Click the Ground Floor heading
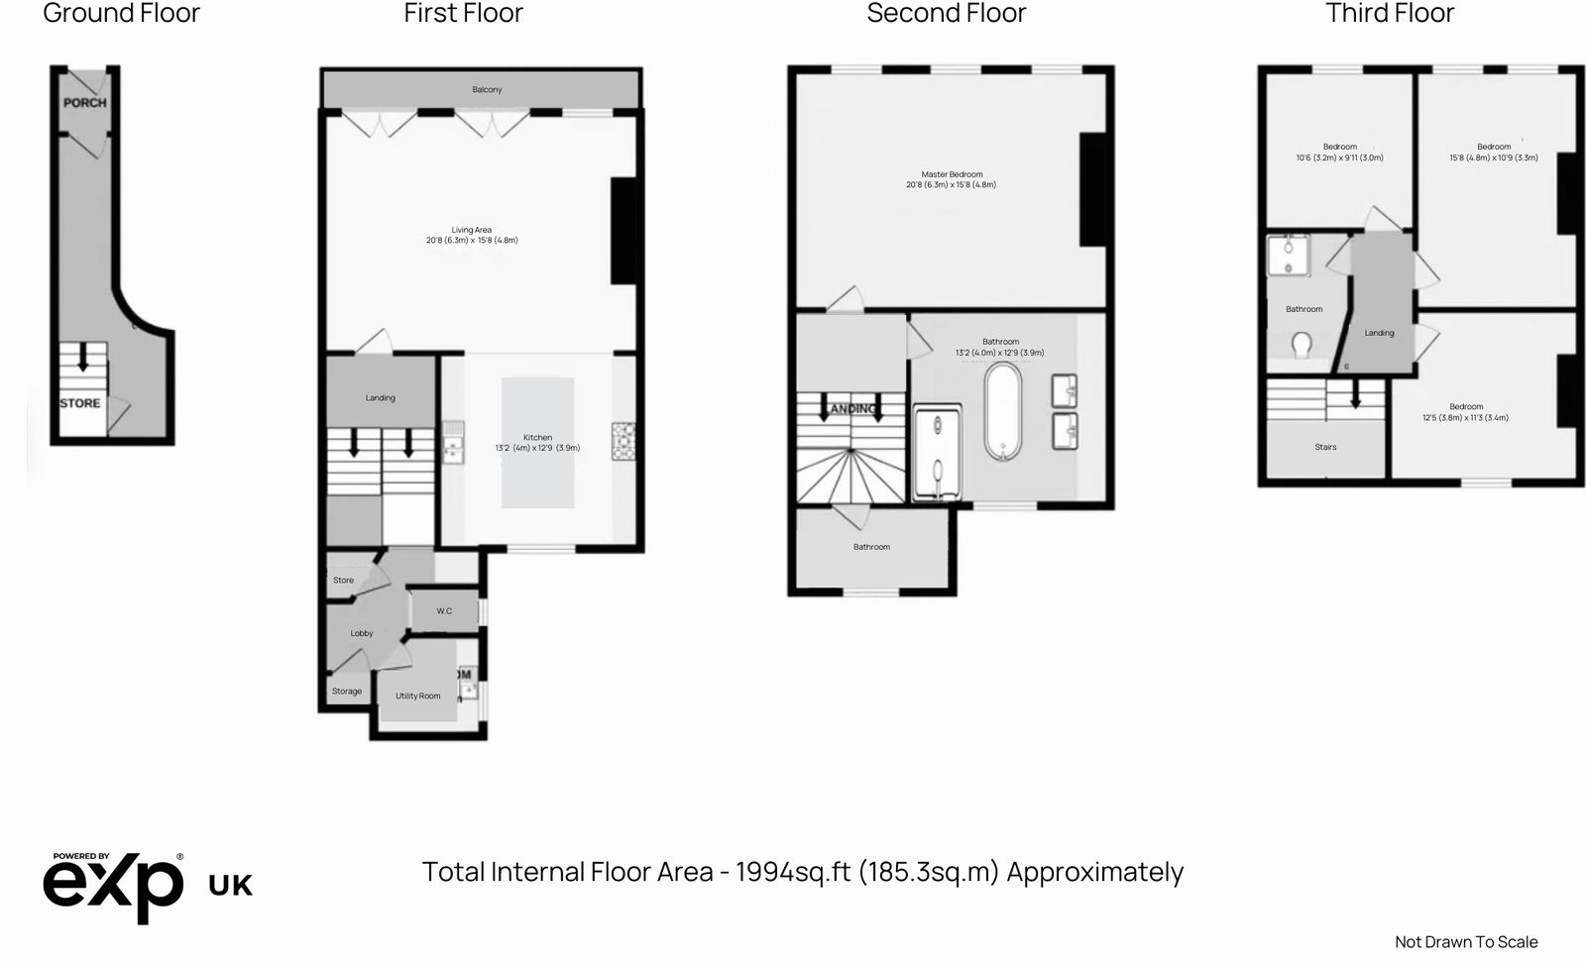[121, 13]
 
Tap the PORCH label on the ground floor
[84, 102]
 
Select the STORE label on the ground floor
[79, 403]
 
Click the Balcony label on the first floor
[487, 90]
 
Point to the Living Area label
[472, 235]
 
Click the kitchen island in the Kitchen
[537, 442]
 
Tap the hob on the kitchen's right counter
[623, 441]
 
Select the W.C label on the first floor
[444, 611]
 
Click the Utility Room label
[418, 696]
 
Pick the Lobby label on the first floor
[362, 634]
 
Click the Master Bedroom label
[952, 179]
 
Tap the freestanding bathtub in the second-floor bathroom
[1003, 411]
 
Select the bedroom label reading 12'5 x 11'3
[1465, 412]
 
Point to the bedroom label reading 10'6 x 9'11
[1339, 153]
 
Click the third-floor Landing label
[1379, 333]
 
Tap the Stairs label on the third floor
[1325, 448]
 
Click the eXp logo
[112, 886]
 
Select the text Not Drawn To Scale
[1466, 942]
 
